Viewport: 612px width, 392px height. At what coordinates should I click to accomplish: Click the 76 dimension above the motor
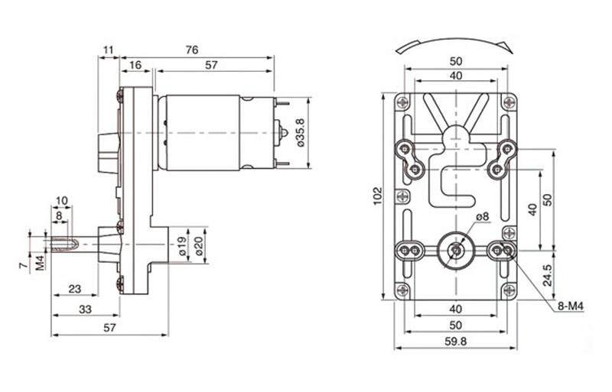point(191,50)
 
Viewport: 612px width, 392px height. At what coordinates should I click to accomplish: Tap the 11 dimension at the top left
point(108,50)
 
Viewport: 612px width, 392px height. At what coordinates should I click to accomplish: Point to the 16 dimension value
point(135,66)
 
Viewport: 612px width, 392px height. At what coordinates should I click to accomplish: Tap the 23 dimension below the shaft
point(74,288)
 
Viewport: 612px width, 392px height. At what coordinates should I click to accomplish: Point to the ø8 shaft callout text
point(481,217)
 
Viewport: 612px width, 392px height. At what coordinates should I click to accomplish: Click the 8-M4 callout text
point(570,306)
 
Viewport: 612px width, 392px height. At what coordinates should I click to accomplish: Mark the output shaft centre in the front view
point(456,249)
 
